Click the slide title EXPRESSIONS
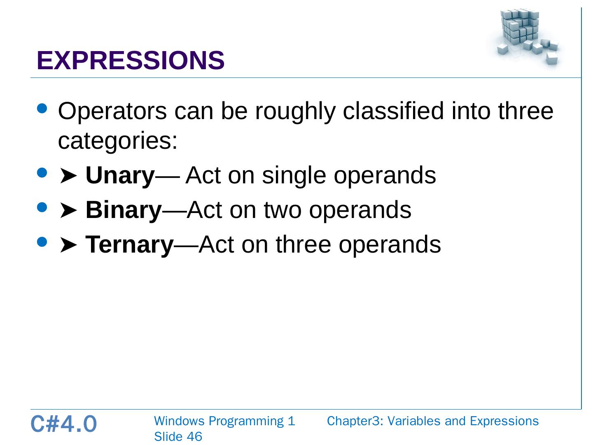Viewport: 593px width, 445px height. coord(131,60)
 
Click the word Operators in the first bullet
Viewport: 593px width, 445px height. coord(112,111)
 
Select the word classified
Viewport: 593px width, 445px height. coord(393,111)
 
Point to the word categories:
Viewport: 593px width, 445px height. coord(118,141)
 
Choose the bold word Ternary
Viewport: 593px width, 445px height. coord(129,245)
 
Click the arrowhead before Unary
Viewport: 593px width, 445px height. coord(68,176)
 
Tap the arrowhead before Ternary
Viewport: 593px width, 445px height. coord(68,245)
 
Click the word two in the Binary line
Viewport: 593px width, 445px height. coord(282,210)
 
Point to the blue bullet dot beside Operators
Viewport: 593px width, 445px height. coord(42,109)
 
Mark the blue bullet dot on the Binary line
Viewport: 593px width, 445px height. coord(42,208)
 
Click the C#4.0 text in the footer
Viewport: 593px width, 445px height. coord(63,424)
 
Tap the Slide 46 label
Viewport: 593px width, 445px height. coord(178,437)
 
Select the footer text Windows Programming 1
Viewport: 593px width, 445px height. coord(224,421)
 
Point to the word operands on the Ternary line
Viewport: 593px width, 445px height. coord(390,245)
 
